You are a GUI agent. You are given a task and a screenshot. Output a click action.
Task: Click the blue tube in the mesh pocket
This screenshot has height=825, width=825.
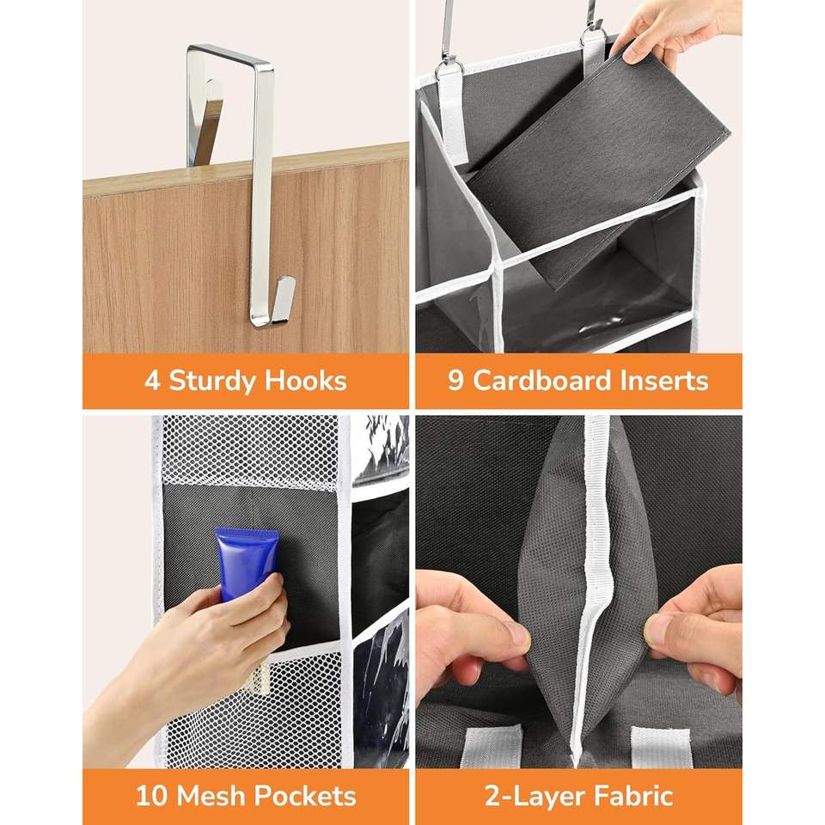[x=246, y=563]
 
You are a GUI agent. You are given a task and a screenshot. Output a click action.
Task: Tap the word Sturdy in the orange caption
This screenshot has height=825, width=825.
[x=212, y=381]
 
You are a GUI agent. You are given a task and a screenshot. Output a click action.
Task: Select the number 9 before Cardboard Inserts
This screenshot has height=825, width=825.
[x=455, y=381]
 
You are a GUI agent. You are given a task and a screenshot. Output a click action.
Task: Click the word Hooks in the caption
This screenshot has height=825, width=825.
[x=305, y=381]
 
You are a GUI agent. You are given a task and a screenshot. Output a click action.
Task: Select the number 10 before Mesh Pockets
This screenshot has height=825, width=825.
[x=153, y=796]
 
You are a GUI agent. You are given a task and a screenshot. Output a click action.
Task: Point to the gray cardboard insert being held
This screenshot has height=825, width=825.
[x=597, y=168]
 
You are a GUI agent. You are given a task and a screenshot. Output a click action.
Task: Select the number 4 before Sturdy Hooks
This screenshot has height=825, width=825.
[x=152, y=381]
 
